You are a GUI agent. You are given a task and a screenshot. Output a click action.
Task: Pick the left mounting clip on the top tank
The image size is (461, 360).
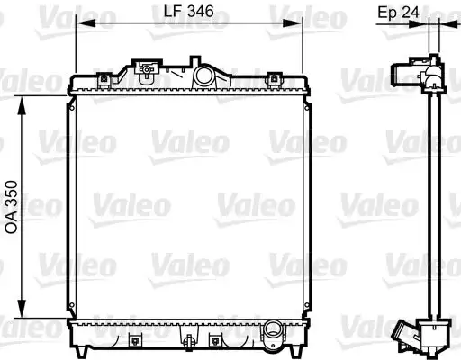click(105, 79)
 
